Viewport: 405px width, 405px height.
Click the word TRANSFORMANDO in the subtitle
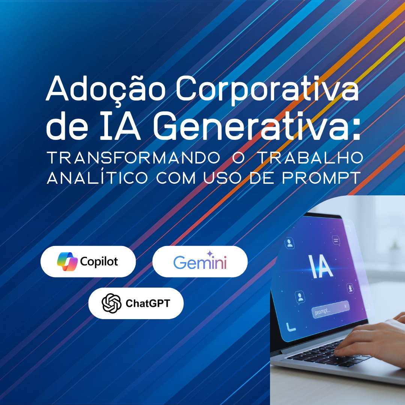click(133, 158)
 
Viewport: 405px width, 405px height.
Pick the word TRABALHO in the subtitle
click(311, 158)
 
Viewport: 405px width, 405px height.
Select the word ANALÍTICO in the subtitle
click(97, 177)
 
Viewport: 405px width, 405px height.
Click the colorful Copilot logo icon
click(67, 261)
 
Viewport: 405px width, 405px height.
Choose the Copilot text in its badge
click(99, 262)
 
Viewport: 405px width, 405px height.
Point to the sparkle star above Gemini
click(210, 253)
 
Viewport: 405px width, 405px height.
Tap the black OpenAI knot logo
click(112, 303)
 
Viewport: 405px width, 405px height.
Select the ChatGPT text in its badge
click(148, 303)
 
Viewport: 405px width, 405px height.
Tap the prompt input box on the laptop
click(331, 309)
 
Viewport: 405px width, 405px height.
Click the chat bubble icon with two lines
click(336, 241)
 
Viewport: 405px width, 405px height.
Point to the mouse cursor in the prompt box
click(346, 306)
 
